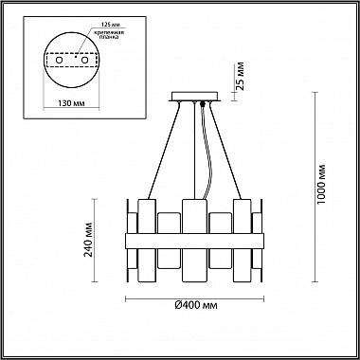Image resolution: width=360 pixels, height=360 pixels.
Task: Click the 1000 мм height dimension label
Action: (321, 184)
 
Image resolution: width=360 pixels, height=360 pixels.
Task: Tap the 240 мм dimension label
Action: (89, 240)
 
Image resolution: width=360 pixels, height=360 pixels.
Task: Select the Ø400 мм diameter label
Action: (196, 305)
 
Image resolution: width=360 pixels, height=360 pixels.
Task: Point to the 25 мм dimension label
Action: (240, 77)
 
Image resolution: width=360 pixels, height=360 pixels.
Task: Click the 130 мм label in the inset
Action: (71, 103)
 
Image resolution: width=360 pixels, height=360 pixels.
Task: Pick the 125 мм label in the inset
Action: (111, 25)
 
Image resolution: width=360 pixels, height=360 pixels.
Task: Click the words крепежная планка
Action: (110, 35)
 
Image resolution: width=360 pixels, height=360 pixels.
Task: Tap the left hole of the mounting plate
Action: (59, 60)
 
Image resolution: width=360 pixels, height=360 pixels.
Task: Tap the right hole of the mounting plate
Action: (84, 60)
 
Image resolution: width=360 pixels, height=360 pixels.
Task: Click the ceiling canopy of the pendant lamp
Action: (194, 97)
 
